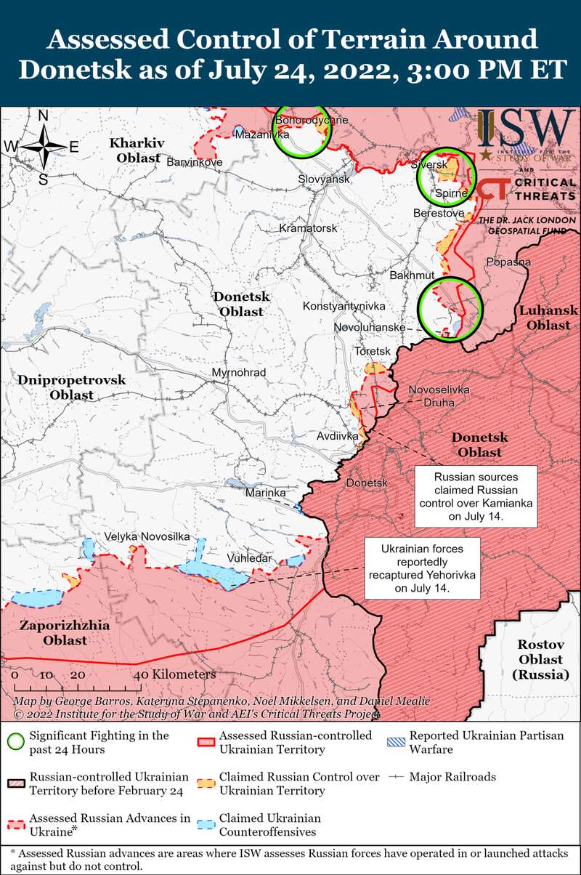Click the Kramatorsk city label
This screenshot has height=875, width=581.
click(309, 228)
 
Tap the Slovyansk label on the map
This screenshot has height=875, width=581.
click(325, 179)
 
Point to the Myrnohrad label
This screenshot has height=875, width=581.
click(238, 373)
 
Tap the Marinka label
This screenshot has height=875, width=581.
click(265, 493)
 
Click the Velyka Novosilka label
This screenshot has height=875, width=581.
click(147, 536)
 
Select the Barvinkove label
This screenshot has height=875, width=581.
click(195, 162)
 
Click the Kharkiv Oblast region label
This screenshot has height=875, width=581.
click(139, 150)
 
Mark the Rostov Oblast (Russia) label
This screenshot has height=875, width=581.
click(540, 659)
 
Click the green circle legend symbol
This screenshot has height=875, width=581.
click(15, 742)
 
